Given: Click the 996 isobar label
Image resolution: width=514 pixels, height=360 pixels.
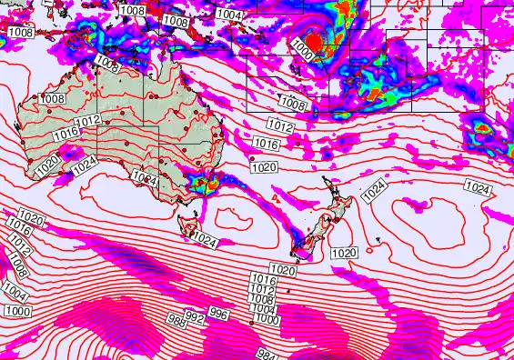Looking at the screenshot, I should point(217,314).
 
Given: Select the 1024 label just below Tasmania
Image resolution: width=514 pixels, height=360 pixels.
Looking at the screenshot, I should point(206,242).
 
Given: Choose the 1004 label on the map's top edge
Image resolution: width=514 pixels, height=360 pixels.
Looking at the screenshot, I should point(229,15).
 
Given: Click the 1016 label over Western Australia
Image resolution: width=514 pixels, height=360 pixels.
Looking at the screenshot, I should point(65,134).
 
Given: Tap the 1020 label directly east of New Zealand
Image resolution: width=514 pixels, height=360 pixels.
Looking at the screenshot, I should point(344,253).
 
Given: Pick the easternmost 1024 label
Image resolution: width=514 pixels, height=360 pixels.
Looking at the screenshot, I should point(478,187).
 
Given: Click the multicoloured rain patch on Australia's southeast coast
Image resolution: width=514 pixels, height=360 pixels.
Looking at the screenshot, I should point(202,185).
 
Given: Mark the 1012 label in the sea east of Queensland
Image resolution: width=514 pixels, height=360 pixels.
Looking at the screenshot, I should point(279,126).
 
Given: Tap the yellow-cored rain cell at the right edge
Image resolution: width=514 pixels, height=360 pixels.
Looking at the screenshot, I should point(482,133).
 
